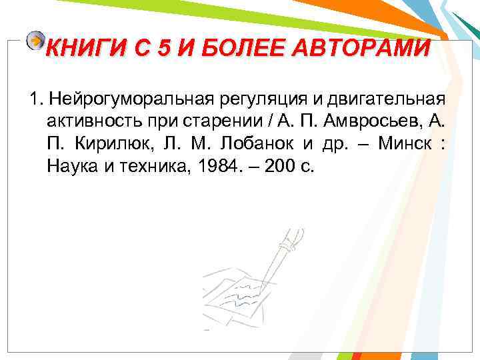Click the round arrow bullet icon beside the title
pyautogui.click(x=35, y=41)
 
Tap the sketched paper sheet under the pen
pyautogui.click(x=240, y=293)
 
